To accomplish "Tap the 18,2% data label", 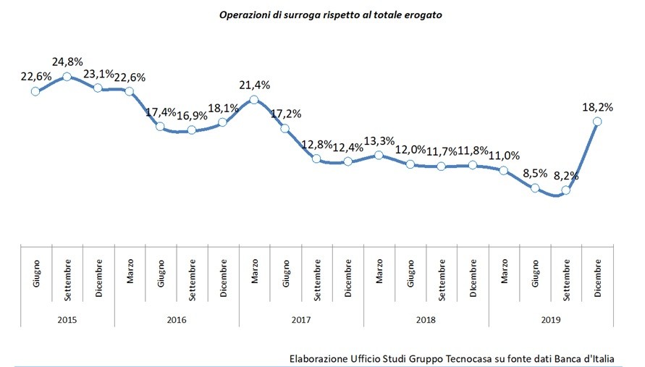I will coord(597,106).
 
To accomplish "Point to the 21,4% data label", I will coord(254,85).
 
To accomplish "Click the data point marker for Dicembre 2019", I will coord(597,122).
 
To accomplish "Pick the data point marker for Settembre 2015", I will coord(67,76).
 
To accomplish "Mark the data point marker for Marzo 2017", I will coord(254,99).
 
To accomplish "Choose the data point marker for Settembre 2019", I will coord(566,190).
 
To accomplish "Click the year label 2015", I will coord(67,317).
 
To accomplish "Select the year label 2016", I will coord(177,317).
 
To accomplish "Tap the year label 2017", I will coord(301,317).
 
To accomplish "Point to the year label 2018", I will coord(426,317).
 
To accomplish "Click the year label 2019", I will coord(551,317).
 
